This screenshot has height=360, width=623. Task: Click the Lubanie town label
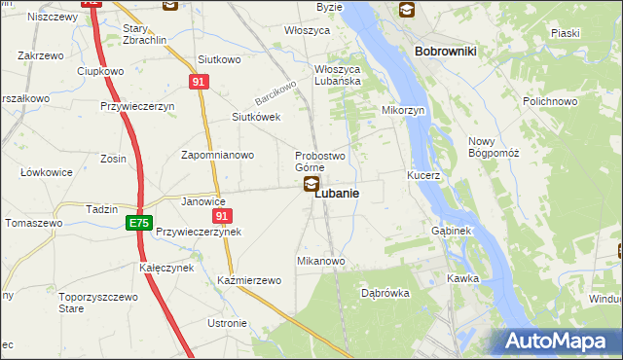337,194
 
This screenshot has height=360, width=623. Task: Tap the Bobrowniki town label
444,51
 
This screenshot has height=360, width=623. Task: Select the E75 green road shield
138,224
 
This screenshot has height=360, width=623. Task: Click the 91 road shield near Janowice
223,216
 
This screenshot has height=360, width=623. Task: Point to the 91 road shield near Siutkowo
199,83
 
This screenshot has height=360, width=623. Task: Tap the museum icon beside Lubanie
311,183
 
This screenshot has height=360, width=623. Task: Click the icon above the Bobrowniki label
406,11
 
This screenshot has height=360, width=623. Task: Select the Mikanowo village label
321,262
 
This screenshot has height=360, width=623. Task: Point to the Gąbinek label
451,232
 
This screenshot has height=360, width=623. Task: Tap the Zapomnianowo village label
218,155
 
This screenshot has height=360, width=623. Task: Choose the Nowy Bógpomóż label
494,148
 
